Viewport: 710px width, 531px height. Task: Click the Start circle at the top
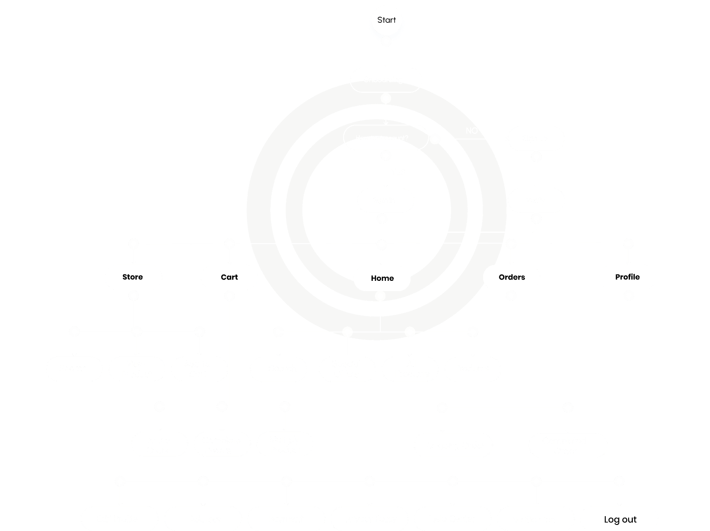pyautogui.click(x=386, y=20)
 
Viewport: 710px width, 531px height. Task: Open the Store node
pyautogui.click(x=133, y=277)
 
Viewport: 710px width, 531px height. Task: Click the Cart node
pyautogui.click(x=229, y=277)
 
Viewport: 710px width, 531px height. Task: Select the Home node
pyautogui.click(x=382, y=278)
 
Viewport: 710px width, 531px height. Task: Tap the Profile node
pyautogui.click(x=627, y=277)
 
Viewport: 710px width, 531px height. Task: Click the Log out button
pyautogui.click(x=619, y=519)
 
